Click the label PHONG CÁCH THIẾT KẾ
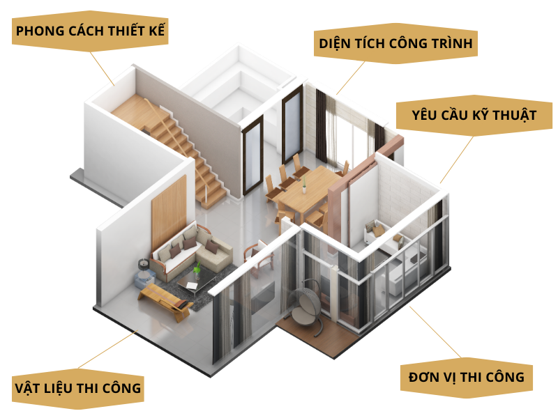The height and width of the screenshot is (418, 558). tap(90, 32)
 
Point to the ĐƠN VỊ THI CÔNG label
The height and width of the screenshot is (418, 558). tap(462, 377)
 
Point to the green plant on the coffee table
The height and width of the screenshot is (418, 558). tap(197, 268)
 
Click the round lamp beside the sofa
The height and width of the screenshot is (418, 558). tap(144, 265)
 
